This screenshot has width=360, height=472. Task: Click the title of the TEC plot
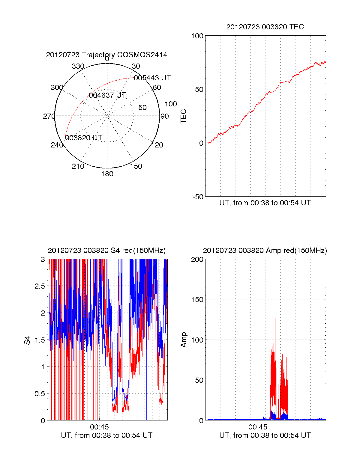[265, 27]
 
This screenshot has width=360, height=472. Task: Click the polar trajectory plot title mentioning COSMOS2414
[106, 55]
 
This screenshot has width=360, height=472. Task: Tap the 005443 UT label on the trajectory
[152, 78]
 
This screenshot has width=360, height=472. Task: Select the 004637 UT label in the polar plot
[107, 95]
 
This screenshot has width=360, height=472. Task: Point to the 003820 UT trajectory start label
[84, 138]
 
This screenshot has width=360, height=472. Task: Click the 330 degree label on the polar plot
[78, 66]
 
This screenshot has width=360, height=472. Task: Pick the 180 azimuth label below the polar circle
[107, 174]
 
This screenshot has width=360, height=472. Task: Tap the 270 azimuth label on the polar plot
[49, 116]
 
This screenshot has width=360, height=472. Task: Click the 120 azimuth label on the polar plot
[157, 145]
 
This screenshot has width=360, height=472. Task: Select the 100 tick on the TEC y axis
[197, 36]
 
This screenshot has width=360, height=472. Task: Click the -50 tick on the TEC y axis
[198, 197]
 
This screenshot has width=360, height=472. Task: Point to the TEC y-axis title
[184, 116]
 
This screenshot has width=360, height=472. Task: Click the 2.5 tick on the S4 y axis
[40, 286]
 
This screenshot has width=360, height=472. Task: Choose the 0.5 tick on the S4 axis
[40, 394]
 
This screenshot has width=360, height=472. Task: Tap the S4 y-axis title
[28, 340]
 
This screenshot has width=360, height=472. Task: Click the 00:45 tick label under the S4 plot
[99, 427]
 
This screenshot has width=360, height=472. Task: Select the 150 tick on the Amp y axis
[197, 300]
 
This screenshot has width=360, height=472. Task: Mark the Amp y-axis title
[184, 340]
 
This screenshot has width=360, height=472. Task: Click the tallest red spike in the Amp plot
[275, 316]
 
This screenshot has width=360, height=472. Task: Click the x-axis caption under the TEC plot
[265, 203]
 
